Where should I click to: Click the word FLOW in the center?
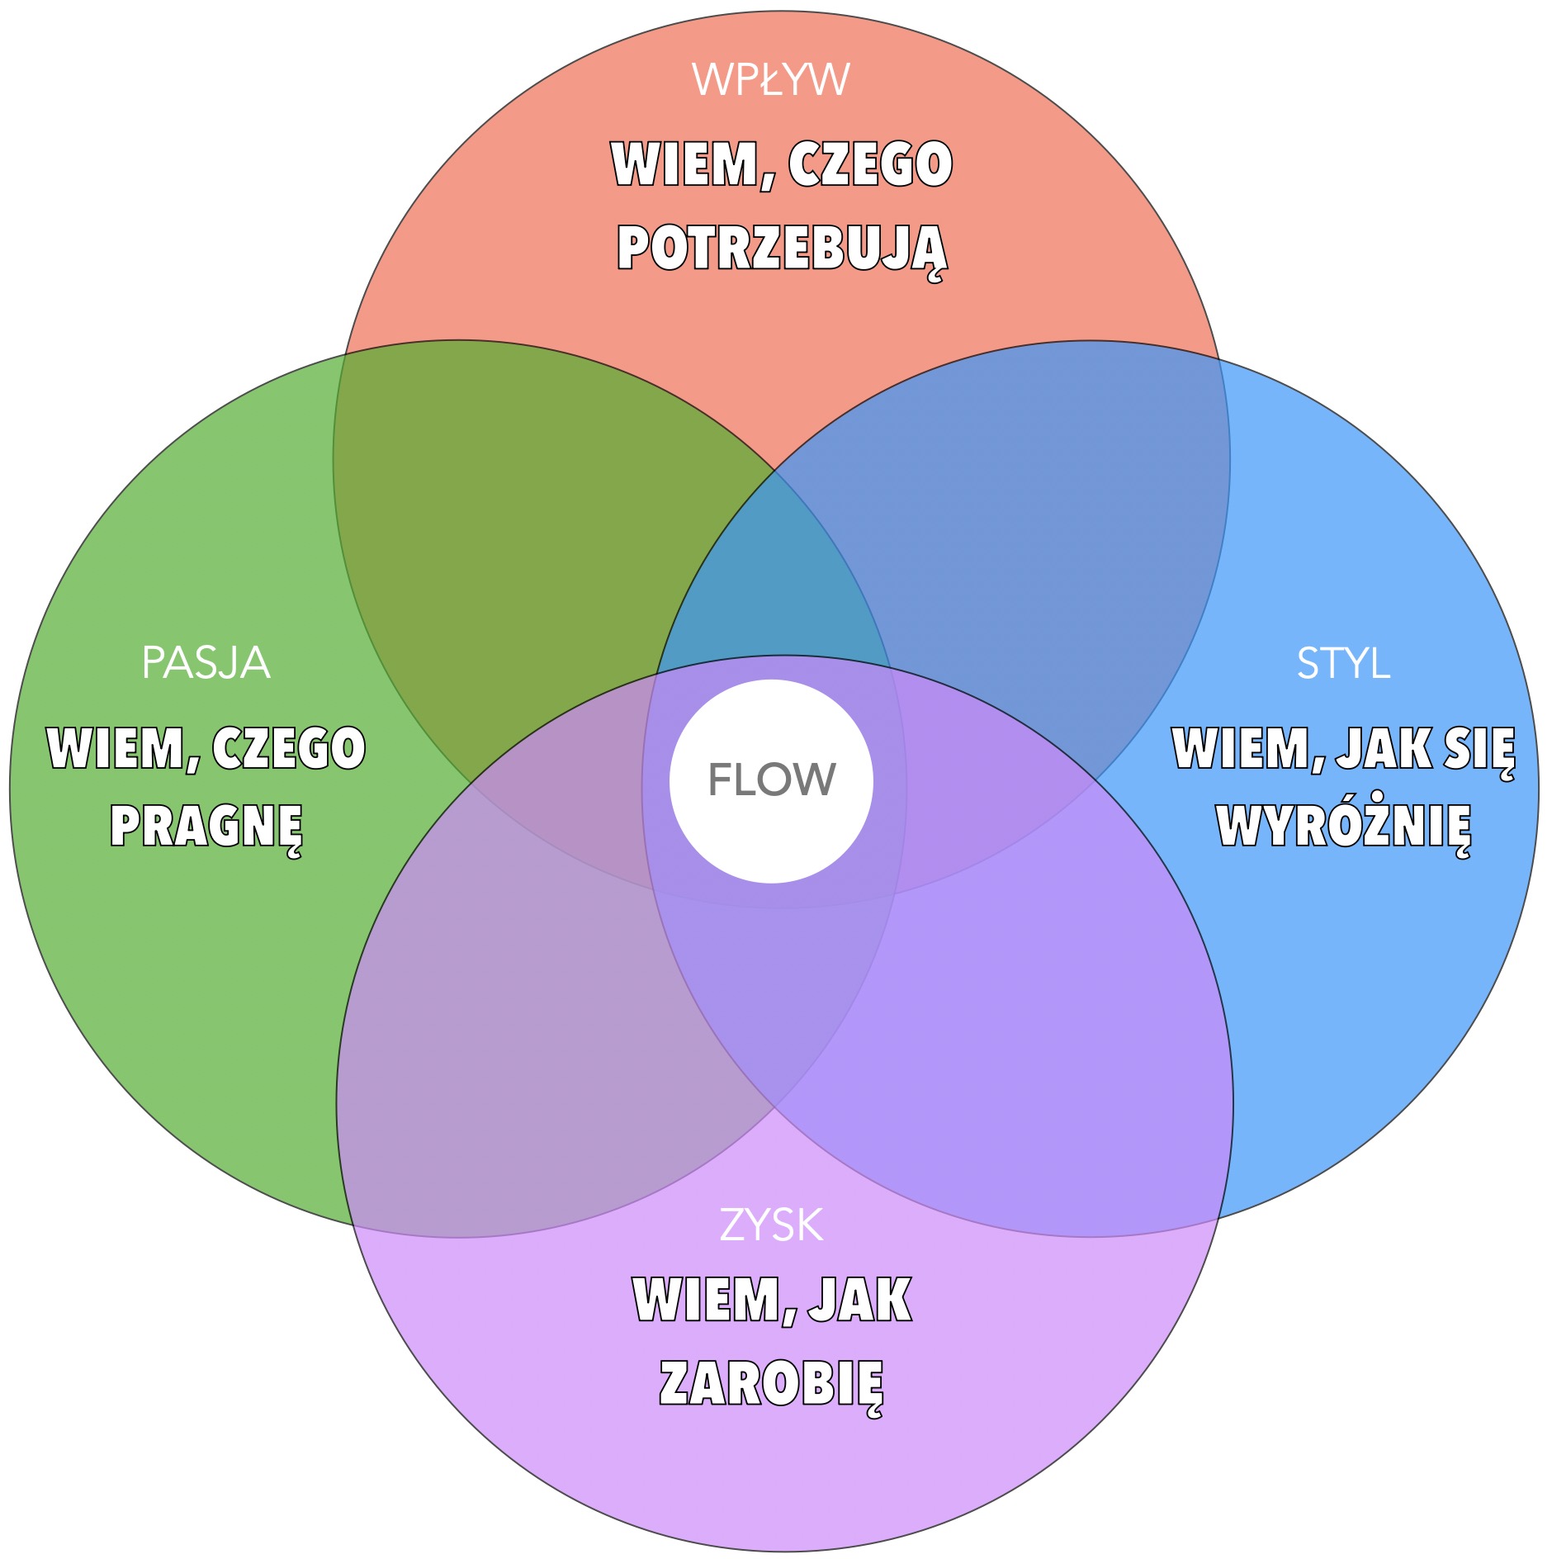click(772, 779)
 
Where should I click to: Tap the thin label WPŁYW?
click(771, 80)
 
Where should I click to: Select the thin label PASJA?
click(206, 663)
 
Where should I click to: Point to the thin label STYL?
click(1343, 663)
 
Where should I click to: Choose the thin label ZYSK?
click(771, 1225)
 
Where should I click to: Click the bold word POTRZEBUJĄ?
click(782, 249)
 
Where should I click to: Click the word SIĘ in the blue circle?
click(1480, 749)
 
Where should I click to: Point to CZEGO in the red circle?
click(870, 164)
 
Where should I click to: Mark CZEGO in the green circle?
click(289, 749)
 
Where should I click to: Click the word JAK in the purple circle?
click(859, 1301)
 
